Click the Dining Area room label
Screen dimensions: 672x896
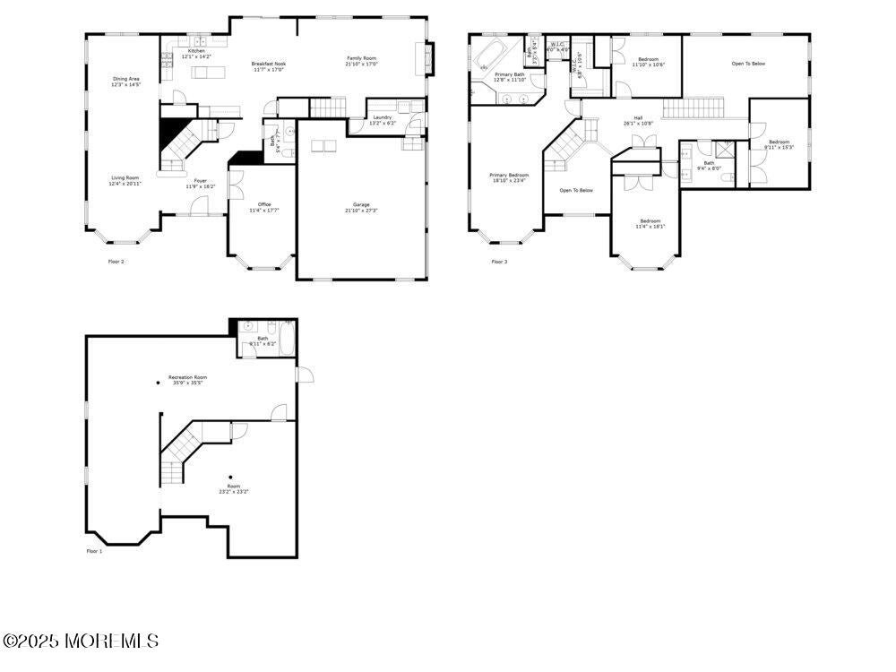point(126,79)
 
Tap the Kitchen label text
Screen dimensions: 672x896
point(196,51)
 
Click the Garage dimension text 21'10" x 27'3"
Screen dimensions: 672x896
point(362,211)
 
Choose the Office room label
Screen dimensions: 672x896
point(264,205)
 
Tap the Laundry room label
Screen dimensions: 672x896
point(382,117)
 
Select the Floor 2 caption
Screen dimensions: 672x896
point(116,262)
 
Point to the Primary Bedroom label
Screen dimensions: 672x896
point(509,175)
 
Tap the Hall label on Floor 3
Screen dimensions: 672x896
point(638,117)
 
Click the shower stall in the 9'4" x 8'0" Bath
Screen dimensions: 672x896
point(724,151)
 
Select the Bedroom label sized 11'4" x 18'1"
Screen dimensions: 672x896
point(650,221)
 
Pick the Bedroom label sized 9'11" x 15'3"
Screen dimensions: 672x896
point(779,142)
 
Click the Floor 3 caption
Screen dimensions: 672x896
point(499,262)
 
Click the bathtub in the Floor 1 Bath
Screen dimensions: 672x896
point(287,340)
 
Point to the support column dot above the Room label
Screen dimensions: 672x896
point(230,477)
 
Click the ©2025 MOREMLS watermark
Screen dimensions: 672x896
point(81,641)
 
